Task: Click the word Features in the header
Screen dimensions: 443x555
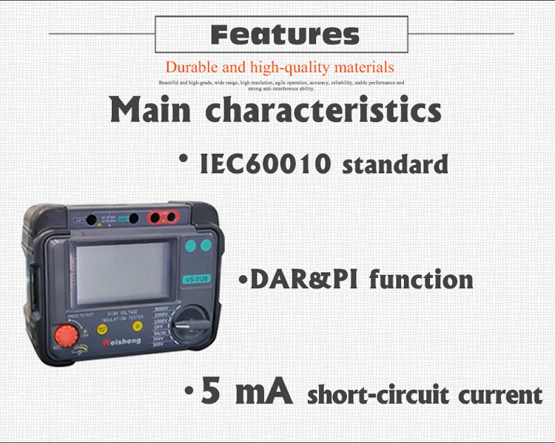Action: click(x=285, y=34)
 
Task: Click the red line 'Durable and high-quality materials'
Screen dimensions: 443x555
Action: click(x=280, y=67)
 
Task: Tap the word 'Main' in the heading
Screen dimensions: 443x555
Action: click(x=152, y=109)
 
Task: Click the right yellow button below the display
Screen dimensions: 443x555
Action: click(x=137, y=325)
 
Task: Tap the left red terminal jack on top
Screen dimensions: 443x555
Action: click(x=157, y=218)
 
